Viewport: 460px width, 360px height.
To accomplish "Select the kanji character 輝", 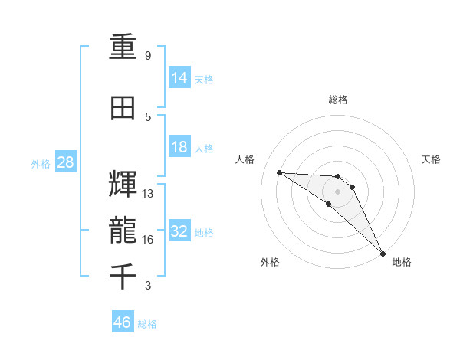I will tap(124, 185).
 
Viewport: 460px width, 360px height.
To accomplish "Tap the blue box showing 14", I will tap(179, 78).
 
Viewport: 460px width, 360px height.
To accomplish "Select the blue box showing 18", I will tap(179, 147).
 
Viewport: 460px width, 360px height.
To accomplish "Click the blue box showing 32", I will tap(179, 232).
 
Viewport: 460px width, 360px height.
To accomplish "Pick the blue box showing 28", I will tap(65, 163).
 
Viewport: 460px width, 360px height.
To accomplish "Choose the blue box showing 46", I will tap(123, 323).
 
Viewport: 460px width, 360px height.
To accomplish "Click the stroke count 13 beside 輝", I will tap(148, 194).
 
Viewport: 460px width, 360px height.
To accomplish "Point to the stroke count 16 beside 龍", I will tap(148, 240).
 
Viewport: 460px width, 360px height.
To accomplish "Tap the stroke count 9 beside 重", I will tap(148, 56).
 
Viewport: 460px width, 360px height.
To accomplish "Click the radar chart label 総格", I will tap(338, 100).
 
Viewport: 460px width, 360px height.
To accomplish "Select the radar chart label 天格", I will tap(431, 159).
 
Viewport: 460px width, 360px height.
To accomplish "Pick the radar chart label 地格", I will tap(402, 263).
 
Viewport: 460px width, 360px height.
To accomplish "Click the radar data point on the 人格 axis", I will tap(279, 172).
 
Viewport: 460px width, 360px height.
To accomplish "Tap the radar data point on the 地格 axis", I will tap(383, 253).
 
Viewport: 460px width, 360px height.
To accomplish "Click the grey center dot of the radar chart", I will tap(338, 191).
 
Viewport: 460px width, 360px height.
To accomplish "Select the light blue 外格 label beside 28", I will tap(40, 164).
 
